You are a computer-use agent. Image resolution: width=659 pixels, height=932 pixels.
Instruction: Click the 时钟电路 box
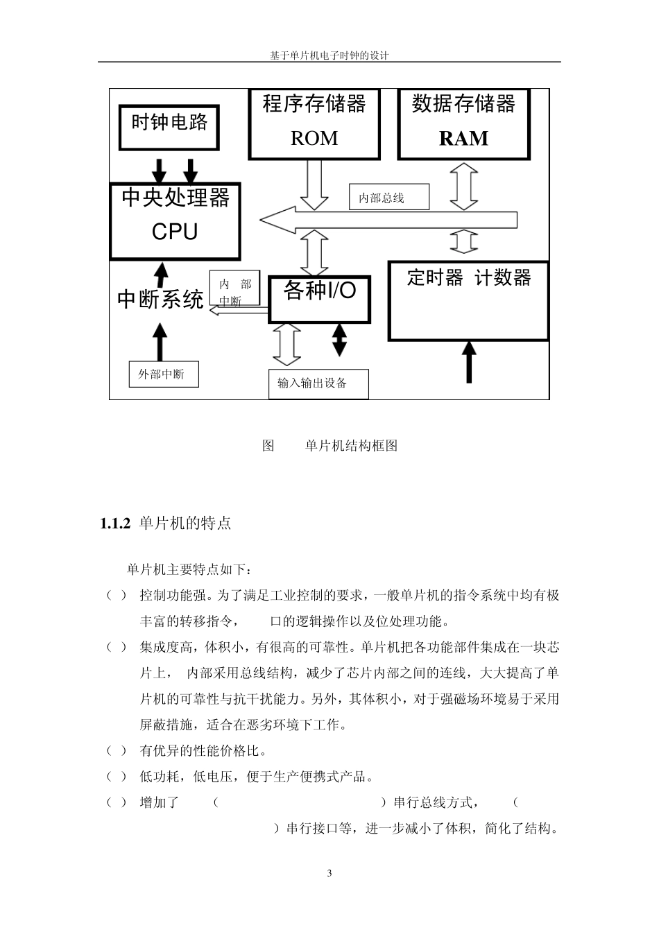169,127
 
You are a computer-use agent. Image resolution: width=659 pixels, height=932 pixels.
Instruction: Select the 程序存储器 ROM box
314,123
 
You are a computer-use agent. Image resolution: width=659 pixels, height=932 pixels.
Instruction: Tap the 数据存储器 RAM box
463,123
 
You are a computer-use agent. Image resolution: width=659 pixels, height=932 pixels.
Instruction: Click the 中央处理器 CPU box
175,221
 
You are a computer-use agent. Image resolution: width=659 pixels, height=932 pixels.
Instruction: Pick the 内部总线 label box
389,198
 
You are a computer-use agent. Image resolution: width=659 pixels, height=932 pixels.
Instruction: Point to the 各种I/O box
320,299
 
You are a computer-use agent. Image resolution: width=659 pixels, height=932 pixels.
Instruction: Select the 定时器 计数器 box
468,300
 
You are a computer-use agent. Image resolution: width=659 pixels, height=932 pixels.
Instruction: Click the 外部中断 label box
164,374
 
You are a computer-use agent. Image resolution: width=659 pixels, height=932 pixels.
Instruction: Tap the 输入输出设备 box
318,383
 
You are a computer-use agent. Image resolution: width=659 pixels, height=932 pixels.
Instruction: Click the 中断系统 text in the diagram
160,300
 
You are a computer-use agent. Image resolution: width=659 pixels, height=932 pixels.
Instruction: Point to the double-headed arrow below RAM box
464,185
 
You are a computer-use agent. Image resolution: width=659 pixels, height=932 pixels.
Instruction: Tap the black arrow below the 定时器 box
470,362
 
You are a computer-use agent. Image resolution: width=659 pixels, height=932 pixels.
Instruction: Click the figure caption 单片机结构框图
351,446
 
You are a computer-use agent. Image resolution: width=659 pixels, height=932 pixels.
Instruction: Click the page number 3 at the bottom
329,873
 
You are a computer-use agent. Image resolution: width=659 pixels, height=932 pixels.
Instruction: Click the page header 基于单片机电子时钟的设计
329,55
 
